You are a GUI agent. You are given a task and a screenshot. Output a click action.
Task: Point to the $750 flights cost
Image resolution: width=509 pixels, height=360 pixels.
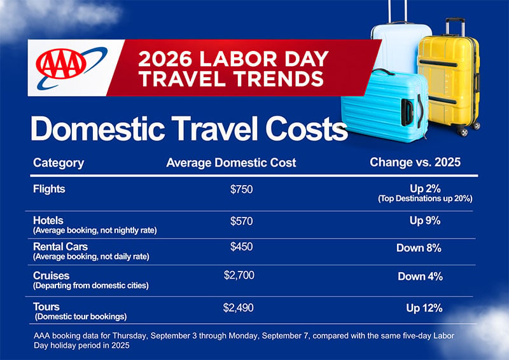242,190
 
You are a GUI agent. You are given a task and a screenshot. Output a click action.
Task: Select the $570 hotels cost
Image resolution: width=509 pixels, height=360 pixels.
242,221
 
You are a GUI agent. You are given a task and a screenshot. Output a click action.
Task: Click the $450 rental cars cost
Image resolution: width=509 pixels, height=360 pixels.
242,247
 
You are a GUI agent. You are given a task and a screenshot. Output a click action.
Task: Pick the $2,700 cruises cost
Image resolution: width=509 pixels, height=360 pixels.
239,275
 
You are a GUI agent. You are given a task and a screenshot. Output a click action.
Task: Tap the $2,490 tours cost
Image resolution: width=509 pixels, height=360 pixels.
238,308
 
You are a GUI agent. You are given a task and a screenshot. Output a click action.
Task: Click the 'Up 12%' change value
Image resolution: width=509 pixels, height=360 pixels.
424,308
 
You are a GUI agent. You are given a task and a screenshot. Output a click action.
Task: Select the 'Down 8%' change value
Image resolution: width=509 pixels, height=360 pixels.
419,248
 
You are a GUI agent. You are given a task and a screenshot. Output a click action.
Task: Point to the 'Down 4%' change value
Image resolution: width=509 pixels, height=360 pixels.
421,276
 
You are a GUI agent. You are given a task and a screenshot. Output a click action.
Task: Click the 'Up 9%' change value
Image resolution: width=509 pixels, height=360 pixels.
425,221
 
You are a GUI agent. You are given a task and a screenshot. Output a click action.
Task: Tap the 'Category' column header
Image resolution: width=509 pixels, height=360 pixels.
59,163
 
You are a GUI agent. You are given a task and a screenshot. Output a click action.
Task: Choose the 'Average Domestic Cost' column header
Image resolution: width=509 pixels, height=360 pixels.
231,163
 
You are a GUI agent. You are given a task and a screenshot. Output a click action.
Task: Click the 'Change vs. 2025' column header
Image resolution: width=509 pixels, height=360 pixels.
415,162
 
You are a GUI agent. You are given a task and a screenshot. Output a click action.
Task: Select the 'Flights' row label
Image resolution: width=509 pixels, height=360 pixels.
49,189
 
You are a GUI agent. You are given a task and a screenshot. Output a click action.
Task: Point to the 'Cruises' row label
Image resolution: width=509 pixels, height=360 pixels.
52,275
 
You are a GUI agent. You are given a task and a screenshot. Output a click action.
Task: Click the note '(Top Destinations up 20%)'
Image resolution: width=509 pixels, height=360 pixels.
425,198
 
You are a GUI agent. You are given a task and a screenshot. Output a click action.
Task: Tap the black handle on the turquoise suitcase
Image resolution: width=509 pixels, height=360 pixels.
407,113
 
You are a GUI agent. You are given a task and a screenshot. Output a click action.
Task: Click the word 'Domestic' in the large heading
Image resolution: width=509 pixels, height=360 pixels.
98,128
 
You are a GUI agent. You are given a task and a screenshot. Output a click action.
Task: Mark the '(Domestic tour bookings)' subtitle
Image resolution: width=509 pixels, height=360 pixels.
81,317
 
